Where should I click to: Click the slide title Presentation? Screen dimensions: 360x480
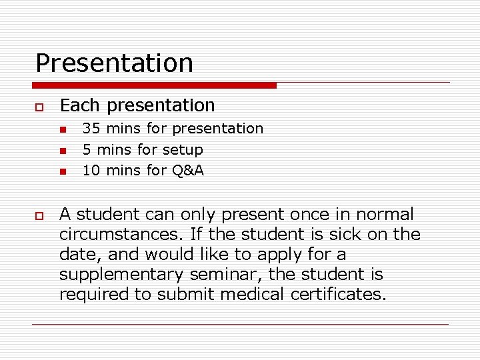114,63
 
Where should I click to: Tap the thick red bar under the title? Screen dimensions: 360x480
154,85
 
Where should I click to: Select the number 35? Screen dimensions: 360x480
91,128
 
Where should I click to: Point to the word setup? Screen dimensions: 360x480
183,150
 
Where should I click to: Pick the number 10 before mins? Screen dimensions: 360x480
91,171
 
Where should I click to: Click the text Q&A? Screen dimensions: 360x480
188,171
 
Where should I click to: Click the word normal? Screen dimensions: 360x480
385,215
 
